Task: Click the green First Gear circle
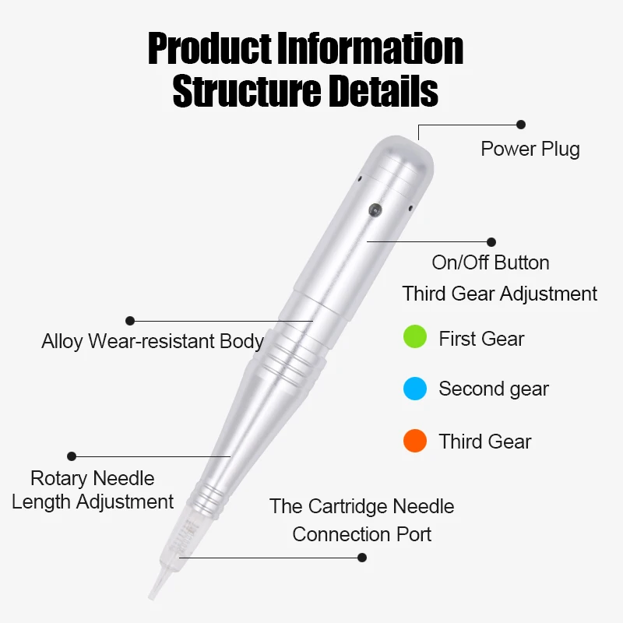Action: pos(415,337)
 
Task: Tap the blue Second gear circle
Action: pos(415,389)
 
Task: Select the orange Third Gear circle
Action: pos(415,441)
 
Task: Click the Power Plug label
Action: pos(530,149)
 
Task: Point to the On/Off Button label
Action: pos(491,262)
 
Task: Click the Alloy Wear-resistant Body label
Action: pos(153,341)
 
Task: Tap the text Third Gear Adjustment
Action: pos(499,294)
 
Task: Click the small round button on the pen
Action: pos(375,209)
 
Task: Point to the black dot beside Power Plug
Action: pos(521,124)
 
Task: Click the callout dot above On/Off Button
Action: pos(491,242)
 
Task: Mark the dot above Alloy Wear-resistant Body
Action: pos(130,320)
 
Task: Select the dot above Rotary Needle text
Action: pos(72,456)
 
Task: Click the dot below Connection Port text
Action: pos(361,557)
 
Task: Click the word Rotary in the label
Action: pos(60,478)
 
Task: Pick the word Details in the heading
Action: pos(382,90)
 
